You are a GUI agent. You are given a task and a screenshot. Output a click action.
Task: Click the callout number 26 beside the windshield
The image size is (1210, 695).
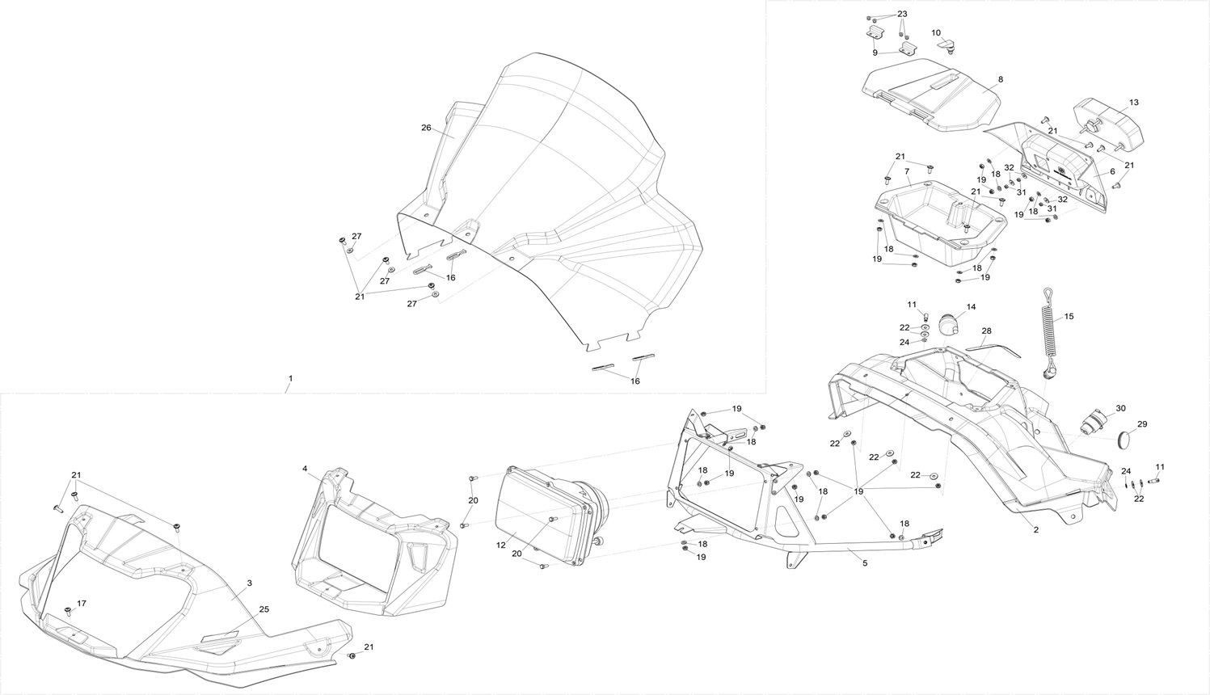(426, 128)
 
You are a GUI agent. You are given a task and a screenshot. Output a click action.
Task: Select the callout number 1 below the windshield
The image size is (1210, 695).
(290, 378)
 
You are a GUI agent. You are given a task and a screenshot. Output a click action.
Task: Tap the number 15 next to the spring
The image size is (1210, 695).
(1069, 317)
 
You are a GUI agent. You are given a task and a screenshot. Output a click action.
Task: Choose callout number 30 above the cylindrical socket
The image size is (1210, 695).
(1119, 408)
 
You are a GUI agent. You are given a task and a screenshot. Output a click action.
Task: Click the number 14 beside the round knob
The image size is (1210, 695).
(971, 307)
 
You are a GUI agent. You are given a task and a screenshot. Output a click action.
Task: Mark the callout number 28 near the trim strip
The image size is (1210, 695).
(986, 331)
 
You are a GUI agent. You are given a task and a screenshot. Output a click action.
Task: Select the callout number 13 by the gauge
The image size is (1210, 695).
(1133, 103)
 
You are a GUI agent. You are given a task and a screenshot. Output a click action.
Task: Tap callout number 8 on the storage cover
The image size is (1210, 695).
(1000, 80)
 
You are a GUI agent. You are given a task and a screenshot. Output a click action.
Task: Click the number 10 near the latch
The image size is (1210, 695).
(936, 33)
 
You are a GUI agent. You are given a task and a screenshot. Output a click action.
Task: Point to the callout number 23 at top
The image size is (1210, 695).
(902, 15)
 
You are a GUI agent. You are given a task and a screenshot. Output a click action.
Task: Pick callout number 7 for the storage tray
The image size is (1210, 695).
(907, 172)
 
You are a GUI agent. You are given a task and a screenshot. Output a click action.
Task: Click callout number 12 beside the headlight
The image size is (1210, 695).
(501, 545)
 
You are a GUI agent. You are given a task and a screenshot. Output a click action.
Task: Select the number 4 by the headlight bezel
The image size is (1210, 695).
(305, 469)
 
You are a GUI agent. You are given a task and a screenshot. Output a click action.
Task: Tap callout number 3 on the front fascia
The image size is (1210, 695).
(250, 583)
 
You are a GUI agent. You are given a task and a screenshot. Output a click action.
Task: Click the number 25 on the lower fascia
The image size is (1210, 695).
(264, 609)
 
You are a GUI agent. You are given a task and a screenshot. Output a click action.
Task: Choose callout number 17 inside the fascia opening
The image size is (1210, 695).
(81, 604)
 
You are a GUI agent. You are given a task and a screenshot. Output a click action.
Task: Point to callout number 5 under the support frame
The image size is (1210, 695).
(864, 562)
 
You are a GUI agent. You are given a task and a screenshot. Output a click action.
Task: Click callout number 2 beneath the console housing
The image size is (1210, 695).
(1035, 529)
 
